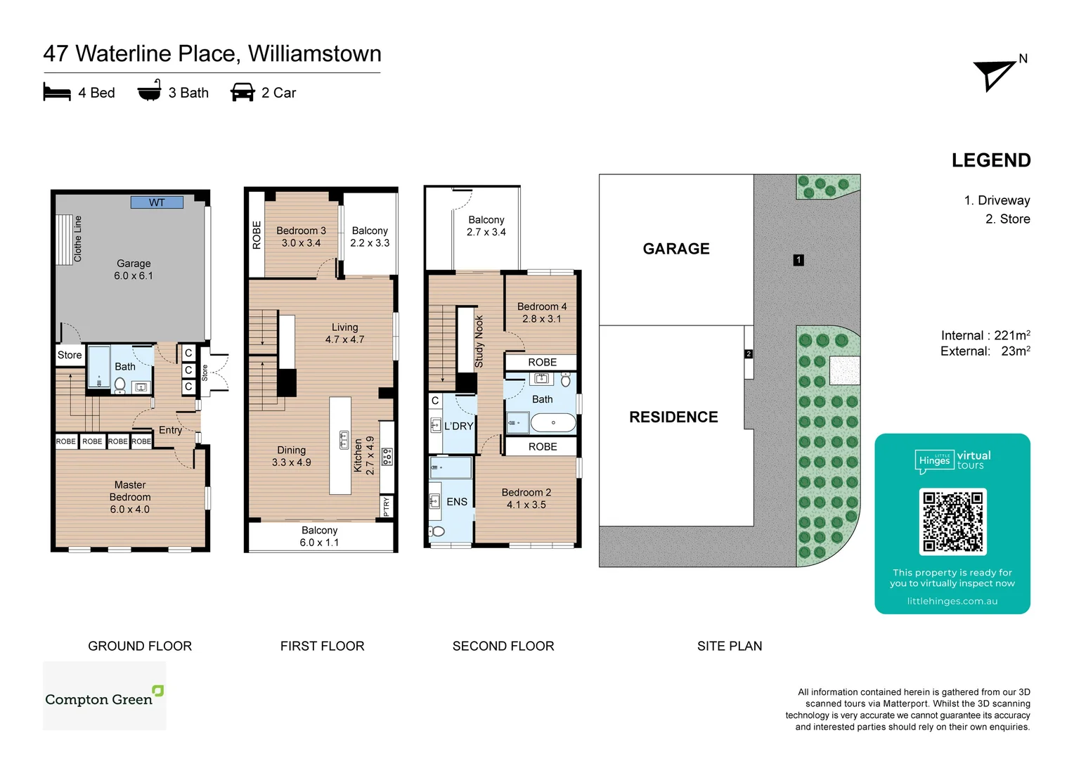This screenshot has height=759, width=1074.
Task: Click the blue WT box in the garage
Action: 157,202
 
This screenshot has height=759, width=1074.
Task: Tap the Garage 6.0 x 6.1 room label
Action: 134,270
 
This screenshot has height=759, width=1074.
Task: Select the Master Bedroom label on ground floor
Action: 130,497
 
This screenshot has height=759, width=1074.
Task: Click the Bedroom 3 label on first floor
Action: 301,237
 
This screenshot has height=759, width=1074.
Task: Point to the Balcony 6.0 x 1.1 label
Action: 319,536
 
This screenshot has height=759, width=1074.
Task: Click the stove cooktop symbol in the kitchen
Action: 387,457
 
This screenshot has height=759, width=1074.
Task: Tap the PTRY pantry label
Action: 386,507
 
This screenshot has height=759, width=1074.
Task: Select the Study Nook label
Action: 479,342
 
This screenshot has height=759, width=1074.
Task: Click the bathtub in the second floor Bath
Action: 552,422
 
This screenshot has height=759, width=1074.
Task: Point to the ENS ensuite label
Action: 457,502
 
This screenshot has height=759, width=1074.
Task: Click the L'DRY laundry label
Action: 458,426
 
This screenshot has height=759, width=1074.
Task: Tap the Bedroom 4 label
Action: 541,313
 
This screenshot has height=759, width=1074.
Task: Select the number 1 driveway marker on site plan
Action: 798,260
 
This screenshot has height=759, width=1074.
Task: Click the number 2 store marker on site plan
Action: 749,354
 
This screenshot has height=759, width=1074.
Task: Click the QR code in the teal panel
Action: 952,522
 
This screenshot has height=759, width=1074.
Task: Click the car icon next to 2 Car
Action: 242,93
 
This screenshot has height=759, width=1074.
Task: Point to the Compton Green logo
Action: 104,696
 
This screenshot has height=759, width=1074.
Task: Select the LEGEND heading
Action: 990,161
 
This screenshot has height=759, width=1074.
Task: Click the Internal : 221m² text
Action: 985,335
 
